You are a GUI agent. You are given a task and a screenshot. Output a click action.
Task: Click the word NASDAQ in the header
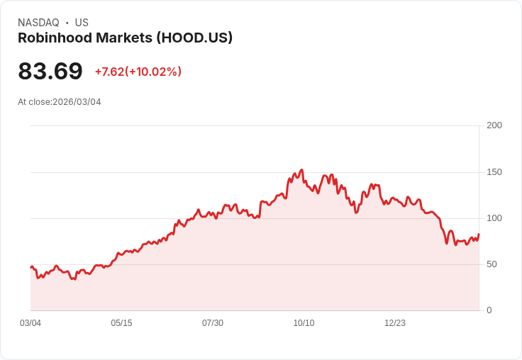coord(38,23)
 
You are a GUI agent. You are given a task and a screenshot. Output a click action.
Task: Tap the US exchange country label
coord(82,23)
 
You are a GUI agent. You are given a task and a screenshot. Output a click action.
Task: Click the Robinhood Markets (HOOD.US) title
coord(125,38)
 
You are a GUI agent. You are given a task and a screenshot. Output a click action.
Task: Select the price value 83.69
coord(50,71)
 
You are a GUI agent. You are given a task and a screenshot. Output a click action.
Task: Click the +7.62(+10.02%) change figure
coord(138,72)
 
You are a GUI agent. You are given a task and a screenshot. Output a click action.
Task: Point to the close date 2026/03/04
coord(77,102)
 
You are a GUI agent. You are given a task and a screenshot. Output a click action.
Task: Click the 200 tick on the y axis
coord(494,125)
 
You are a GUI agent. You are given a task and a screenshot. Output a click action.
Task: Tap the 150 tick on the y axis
coord(494,172)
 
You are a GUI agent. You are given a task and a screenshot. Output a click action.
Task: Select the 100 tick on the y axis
coord(494,218)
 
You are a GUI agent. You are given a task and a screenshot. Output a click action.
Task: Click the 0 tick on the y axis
coord(489,310)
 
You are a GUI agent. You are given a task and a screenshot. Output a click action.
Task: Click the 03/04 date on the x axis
coord(30,323)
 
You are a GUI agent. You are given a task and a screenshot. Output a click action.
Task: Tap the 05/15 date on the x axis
coord(121,323)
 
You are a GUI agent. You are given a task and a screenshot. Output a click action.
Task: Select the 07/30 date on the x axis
coord(213,323)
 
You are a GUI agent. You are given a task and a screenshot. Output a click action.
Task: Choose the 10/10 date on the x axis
coord(304,323)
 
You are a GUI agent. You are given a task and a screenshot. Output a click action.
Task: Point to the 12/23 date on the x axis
coord(395,323)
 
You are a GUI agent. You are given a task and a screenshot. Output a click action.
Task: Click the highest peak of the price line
coord(302,170)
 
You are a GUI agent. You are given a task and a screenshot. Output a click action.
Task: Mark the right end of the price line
coord(479,235)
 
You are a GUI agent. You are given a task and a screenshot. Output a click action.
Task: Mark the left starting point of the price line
coord(30,267)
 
